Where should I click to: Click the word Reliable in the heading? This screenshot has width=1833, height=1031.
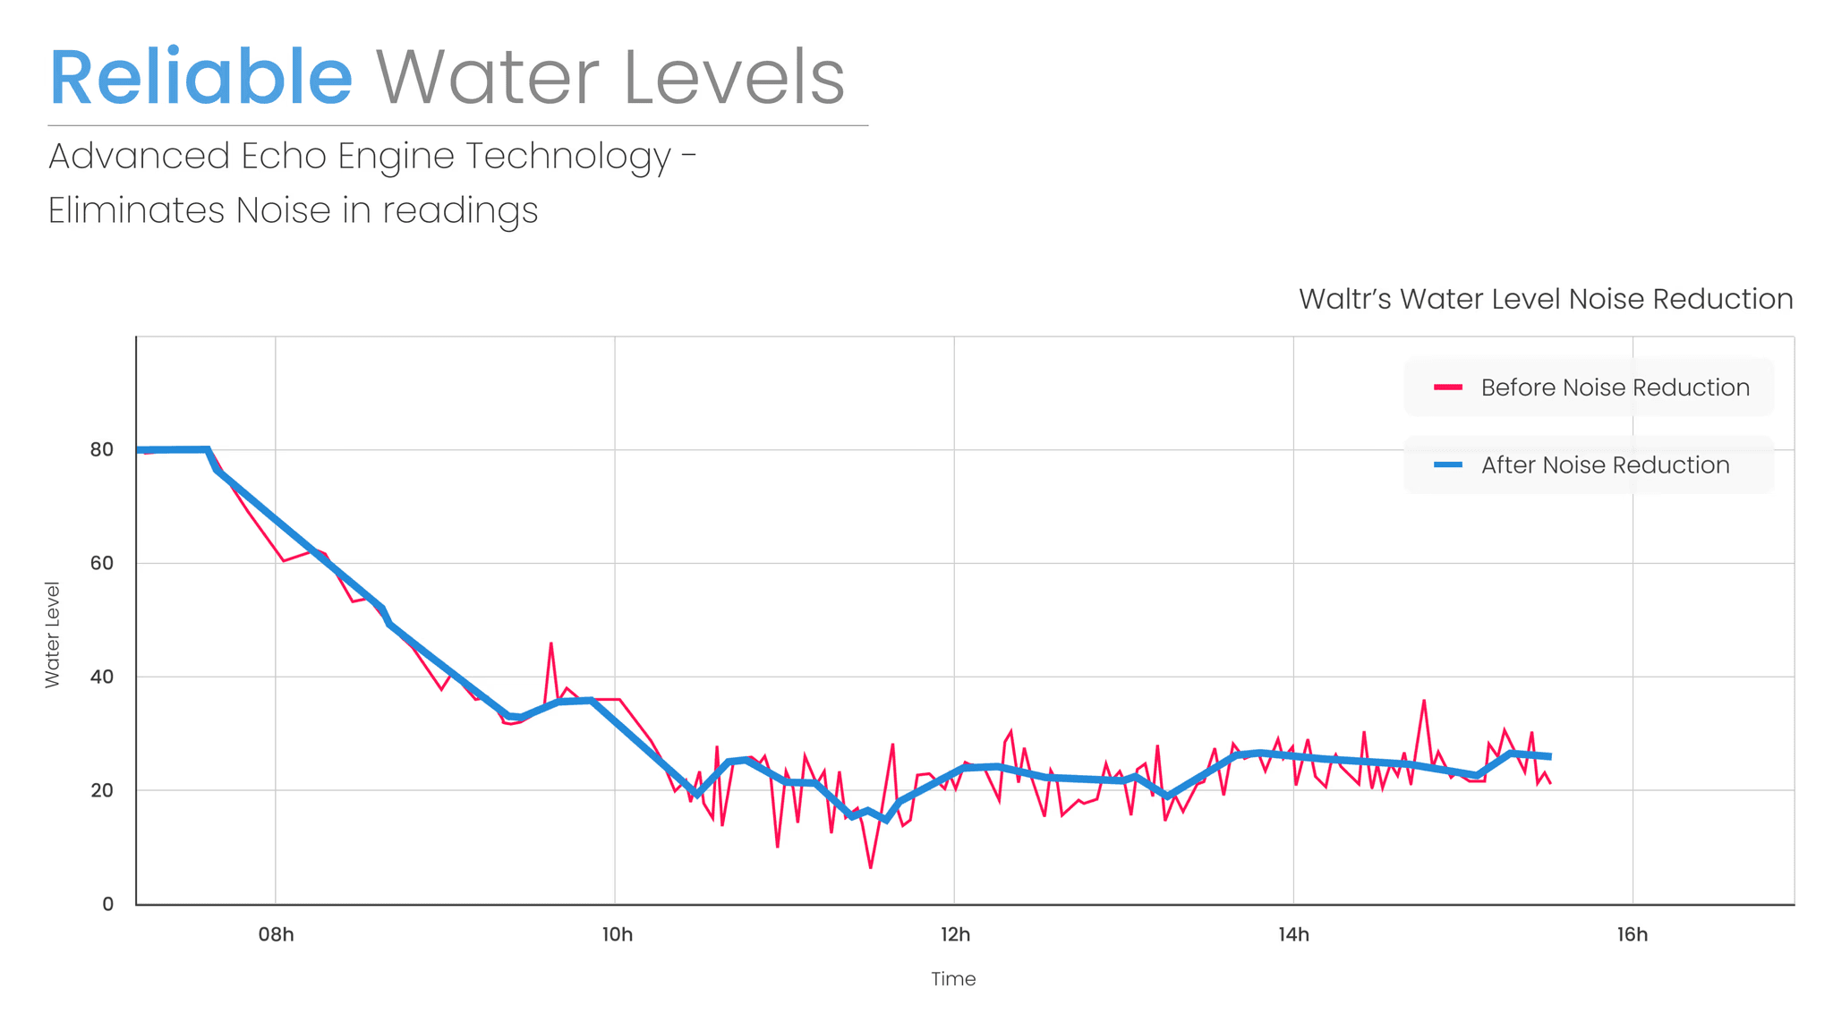tap(200, 78)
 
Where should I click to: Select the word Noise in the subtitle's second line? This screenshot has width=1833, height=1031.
tap(283, 211)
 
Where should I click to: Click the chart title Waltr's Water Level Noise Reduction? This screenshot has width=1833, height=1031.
tap(1545, 299)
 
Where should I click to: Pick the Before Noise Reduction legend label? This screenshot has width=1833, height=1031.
tap(1615, 388)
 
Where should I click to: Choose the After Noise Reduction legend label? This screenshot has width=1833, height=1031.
tap(1605, 465)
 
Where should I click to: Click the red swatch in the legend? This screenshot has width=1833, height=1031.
tap(1448, 388)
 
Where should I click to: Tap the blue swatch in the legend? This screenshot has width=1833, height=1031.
tap(1448, 465)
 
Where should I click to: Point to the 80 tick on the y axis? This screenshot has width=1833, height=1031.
tap(102, 449)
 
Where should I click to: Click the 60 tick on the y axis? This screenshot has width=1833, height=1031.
tap(102, 563)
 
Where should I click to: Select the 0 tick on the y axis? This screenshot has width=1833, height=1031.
tap(108, 904)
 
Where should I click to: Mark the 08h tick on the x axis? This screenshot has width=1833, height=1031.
tap(276, 935)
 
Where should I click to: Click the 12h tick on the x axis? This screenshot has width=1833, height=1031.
tap(955, 935)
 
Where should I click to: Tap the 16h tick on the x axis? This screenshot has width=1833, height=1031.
tap(1633, 935)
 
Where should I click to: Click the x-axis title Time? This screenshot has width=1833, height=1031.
tap(953, 979)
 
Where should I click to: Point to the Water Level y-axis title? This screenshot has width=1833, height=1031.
tap(52, 635)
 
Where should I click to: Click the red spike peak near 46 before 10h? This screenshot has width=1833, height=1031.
tap(551, 643)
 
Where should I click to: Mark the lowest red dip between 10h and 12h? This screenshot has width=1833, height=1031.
tap(870, 867)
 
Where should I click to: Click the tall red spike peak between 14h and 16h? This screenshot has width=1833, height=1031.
tap(1424, 701)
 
